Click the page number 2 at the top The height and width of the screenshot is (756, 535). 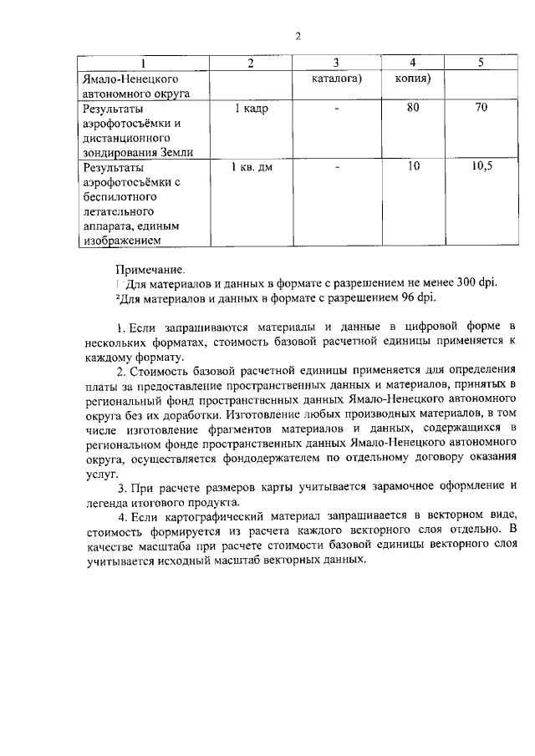tap(297, 36)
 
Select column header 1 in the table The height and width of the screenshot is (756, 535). tap(143, 64)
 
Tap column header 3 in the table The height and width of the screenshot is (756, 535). tap(335, 64)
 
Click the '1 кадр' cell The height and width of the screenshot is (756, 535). tap(251, 109)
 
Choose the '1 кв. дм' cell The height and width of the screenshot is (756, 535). tap(251, 167)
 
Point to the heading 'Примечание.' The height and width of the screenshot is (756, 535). tap(151, 269)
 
